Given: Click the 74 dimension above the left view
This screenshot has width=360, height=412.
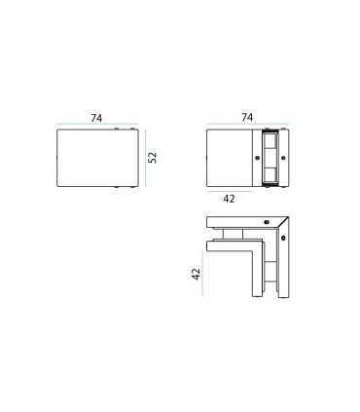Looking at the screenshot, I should pyautogui.click(x=96, y=117).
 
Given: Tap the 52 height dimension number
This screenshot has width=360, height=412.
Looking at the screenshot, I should pyautogui.click(x=153, y=157).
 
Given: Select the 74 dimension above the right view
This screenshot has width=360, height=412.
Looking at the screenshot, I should pyautogui.click(x=246, y=117).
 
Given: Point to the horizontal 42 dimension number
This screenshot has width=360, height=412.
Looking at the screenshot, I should pyautogui.click(x=229, y=198).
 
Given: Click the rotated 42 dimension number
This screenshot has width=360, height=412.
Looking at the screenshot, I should pyautogui.click(x=197, y=275).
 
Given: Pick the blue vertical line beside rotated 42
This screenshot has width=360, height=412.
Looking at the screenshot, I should pyautogui.click(x=207, y=276).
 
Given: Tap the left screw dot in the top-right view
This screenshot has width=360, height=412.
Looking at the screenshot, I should pyautogui.click(x=256, y=157).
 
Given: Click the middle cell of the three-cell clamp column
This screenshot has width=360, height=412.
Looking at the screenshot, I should pyautogui.click(x=270, y=157).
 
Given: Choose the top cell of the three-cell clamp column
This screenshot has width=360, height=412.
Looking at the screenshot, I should pyautogui.click(x=270, y=140).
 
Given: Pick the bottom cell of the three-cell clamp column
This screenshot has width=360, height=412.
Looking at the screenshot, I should pyautogui.click(x=270, y=174).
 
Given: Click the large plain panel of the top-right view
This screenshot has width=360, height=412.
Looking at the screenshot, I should pyautogui.click(x=232, y=157).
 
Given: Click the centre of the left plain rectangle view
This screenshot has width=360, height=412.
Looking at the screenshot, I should pyautogui.click(x=95, y=158).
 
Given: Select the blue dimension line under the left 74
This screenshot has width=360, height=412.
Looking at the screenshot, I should pyautogui.click(x=95, y=126).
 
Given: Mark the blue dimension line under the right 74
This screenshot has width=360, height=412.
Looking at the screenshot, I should pyautogui.click(x=247, y=126).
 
